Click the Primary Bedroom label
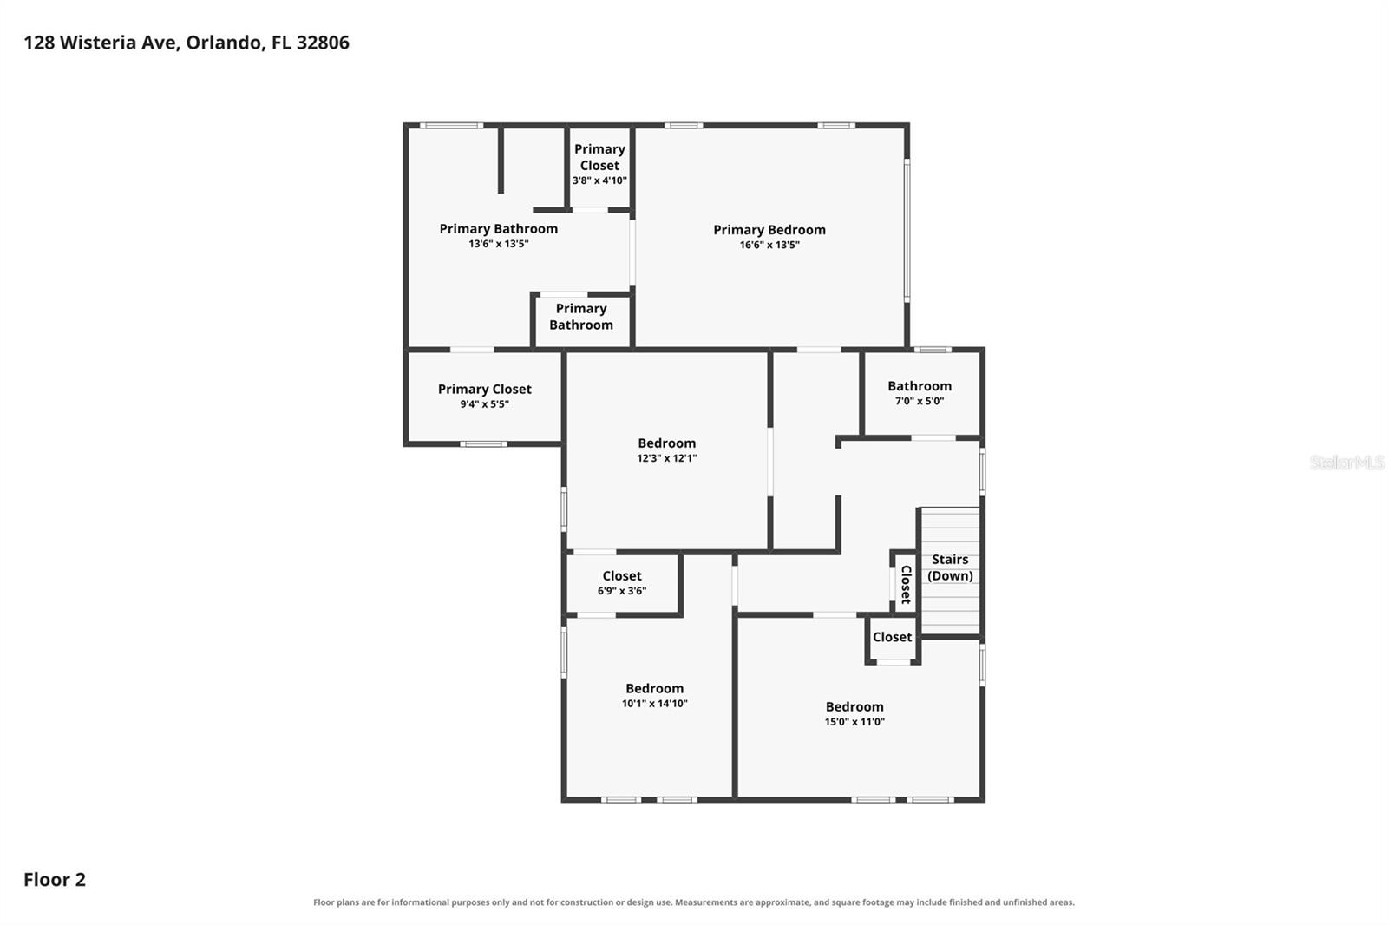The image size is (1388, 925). point(769,230)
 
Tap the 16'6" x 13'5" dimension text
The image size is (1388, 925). point(769,245)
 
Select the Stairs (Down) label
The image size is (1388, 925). point(950,567)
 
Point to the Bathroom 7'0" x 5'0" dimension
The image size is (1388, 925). point(920,401)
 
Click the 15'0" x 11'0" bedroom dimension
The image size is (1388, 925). point(854,722)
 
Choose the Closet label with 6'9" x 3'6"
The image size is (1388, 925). point(622,576)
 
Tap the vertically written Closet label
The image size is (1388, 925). point(906,584)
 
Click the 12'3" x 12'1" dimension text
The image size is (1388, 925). point(667,458)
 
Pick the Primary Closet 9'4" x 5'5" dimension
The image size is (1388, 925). point(485,404)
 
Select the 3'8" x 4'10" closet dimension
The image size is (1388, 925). point(599,180)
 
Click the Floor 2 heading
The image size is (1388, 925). point(55,879)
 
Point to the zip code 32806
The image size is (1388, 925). point(323,43)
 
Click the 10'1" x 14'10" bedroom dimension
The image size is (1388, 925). point(654,703)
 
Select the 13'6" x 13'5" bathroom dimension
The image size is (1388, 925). point(498,244)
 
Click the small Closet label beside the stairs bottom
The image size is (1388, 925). point(893,637)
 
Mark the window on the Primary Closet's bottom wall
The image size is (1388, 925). point(483,444)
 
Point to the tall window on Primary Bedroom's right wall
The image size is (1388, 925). point(907,231)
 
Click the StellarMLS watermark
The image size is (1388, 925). point(1347,462)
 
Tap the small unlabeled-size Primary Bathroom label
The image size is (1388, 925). point(581,317)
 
